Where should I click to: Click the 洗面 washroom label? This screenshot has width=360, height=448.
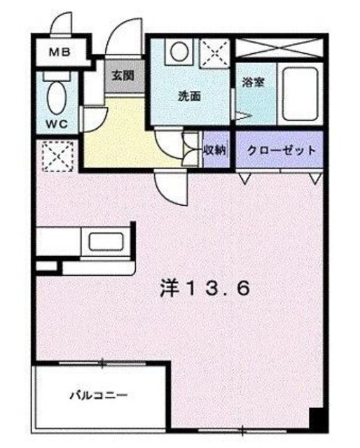pyautogui.click(x=188, y=96)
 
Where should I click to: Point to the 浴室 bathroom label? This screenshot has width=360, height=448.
pyautogui.click(x=252, y=81)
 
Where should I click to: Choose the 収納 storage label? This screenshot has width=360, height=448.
pyautogui.click(x=214, y=150)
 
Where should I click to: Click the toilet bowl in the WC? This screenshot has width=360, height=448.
pyautogui.click(x=56, y=95)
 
